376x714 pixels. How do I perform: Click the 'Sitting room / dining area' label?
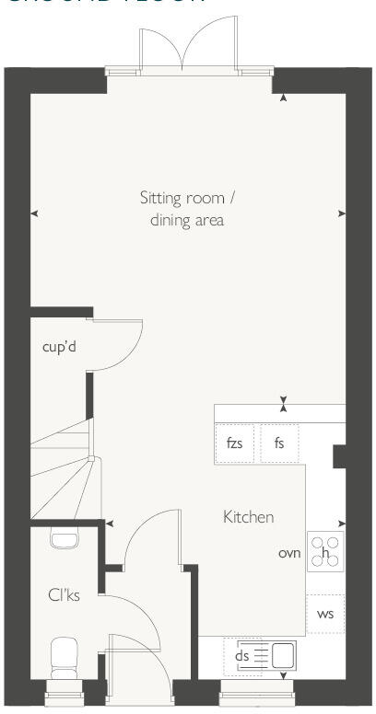[x=187, y=209]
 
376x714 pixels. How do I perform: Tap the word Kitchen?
[x=248, y=517]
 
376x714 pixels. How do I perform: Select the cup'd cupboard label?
[x=59, y=348]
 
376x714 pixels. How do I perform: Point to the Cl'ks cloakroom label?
[x=64, y=595]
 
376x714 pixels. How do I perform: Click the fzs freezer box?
[x=235, y=443]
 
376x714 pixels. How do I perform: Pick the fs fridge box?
[x=278, y=443]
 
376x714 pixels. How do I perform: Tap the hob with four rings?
[x=325, y=552]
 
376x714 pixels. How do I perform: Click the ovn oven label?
[x=289, y=553]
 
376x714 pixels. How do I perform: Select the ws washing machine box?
[x=325, y=614]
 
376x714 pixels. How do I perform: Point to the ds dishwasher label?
[x=242, y=656]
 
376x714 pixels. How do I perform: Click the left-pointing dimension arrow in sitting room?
[x=34, y=213]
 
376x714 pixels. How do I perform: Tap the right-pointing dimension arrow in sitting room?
[x=342, y=213]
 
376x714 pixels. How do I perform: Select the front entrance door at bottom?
[x=138, y=667]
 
